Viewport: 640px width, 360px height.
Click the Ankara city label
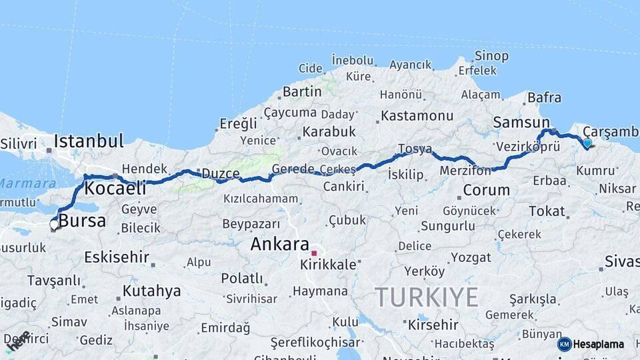point(279,244)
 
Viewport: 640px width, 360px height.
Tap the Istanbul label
point(89,141)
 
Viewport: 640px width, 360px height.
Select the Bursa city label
point(82,221)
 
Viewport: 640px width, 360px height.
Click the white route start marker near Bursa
point(54,225)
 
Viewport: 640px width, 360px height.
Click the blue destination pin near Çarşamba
point(587,143)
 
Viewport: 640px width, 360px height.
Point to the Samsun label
point(521,122)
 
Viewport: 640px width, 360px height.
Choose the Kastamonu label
point(417,115)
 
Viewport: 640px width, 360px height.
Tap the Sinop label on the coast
point(491,56)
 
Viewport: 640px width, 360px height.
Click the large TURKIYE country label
point(427,297)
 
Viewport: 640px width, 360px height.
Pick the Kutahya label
point(151,291)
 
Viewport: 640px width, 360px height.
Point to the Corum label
point(486,190)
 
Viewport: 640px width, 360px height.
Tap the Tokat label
point(547,211)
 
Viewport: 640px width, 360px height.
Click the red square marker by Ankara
point(314,253)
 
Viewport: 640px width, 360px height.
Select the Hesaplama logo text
point(599,344)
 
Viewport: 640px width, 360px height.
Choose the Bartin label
point(302,91)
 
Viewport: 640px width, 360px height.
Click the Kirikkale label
point(328,264)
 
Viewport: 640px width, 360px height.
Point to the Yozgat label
point(471,257)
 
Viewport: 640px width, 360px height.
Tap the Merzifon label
point(465,171)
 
